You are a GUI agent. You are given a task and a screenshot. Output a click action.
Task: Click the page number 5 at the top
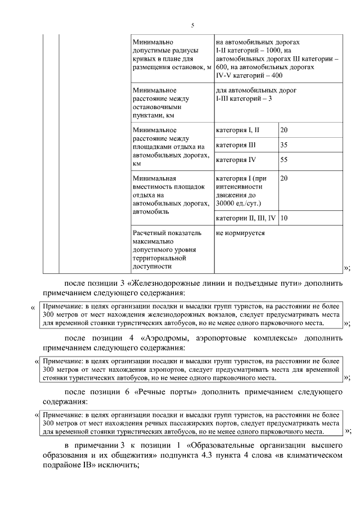[x=192, y=25]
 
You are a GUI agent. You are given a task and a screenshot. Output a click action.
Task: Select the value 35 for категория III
[x=284, y=145]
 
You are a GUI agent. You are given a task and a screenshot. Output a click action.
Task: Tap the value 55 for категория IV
[x=284, y=160]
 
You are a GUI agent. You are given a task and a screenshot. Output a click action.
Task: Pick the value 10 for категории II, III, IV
[x=284, y=218]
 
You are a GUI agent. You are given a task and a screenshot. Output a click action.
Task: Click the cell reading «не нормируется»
[x=240, y=233]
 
